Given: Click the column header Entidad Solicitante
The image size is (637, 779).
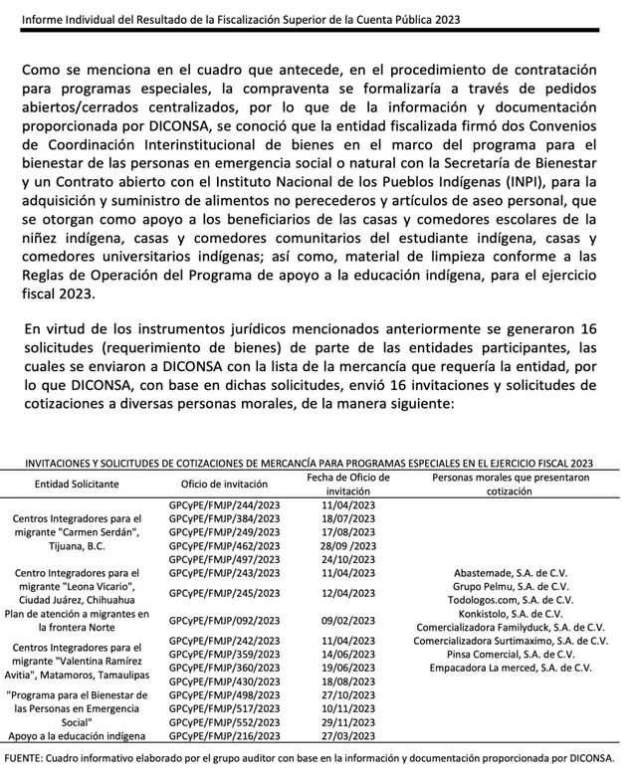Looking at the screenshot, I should pos(77,484).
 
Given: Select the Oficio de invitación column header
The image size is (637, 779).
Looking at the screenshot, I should pos(224,484).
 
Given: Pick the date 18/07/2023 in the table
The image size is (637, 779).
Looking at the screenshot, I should pos(348,519).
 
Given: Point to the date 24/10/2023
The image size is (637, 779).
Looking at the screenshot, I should pos(348,560).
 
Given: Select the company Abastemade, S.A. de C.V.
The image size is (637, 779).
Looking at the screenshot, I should pos(510,573).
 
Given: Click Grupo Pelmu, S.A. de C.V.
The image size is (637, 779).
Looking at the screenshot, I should pos(510,587).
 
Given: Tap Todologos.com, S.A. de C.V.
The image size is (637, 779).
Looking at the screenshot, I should pos(510,600).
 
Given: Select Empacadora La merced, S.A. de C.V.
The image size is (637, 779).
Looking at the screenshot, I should pos(510,668).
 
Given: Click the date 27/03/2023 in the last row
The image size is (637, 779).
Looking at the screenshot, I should pos(348,735).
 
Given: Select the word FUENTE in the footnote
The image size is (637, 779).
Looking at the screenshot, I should pos(26,759).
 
